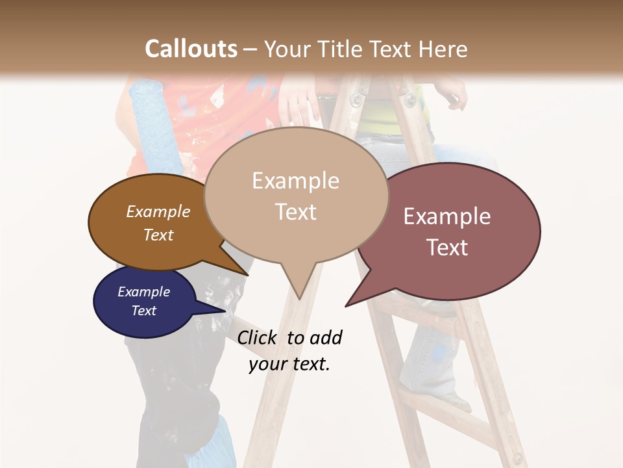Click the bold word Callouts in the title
(191, 49)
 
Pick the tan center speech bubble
(296, 195)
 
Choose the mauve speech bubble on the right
(448, 231)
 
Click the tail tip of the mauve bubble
(347, 305)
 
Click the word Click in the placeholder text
(258, 337)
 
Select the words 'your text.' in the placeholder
(289, 364)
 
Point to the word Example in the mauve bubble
(447, 216)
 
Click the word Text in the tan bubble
(296, 211)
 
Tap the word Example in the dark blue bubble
(144, 292)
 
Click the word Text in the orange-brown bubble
(158, 235)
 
